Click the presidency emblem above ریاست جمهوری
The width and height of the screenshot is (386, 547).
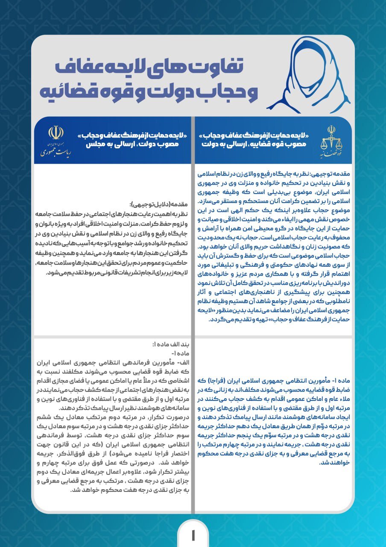pyautogui.click(x=56, y=133)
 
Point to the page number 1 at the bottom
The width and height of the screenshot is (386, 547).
pyautogui.click(x=193, y=534)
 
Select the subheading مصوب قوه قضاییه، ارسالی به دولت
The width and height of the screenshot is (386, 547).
pyautogui.click(x=254, y=144)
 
